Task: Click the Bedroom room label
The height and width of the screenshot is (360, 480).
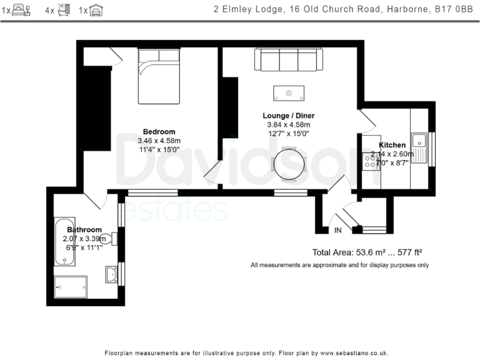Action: click(x=159, y=131)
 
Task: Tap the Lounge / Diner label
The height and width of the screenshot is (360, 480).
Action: click(x=288, y=116)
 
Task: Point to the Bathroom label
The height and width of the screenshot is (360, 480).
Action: click(x=84, y=230)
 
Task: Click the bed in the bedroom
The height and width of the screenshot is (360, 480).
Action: click(x=159, y=76)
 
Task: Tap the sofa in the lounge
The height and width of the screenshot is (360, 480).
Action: click(x=289, y=60)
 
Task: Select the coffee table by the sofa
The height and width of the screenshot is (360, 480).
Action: click(x=289, y=93)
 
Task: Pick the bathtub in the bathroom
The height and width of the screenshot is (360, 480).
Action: click(x=62, y=244)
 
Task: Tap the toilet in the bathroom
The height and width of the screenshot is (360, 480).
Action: click(x=109, y=238)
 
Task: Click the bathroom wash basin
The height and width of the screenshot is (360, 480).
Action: click(x=111, y=274)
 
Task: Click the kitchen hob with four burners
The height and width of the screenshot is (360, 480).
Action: click(x=371, y=162)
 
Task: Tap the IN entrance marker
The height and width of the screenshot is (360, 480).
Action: click(x=338, y=231)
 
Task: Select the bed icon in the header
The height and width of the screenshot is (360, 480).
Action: click(x=21, y=10)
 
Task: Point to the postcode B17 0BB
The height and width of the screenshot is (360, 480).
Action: click(x=456, y=9)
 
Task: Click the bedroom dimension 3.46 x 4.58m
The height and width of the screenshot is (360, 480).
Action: click(x=159, y=141)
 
